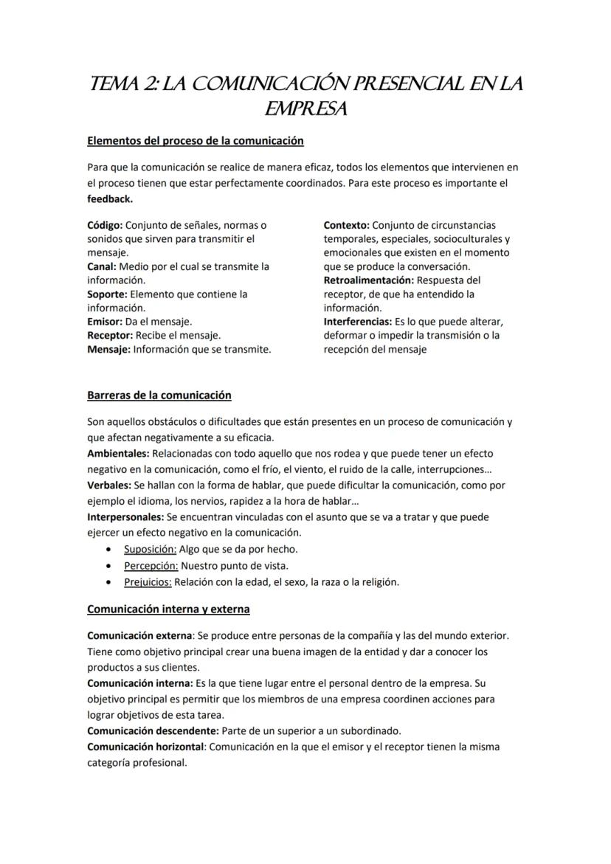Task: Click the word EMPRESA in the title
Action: point(305,109)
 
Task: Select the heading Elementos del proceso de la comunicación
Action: point(195,140)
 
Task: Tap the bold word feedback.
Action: point(110,199)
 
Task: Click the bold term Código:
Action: point(105,225)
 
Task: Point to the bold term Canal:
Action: point(101,266)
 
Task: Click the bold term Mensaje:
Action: point(108,349)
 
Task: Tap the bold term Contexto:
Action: point(346,225)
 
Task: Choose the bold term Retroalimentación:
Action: point(368,280)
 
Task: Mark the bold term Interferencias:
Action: point(357,322)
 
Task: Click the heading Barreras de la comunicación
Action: point(159,395)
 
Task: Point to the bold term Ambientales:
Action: point(118,453)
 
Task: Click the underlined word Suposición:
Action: point(150,549)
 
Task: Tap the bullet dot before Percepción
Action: point(109,566)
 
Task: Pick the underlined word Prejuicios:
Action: point(148,581)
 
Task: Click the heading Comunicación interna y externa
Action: point(168,609)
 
